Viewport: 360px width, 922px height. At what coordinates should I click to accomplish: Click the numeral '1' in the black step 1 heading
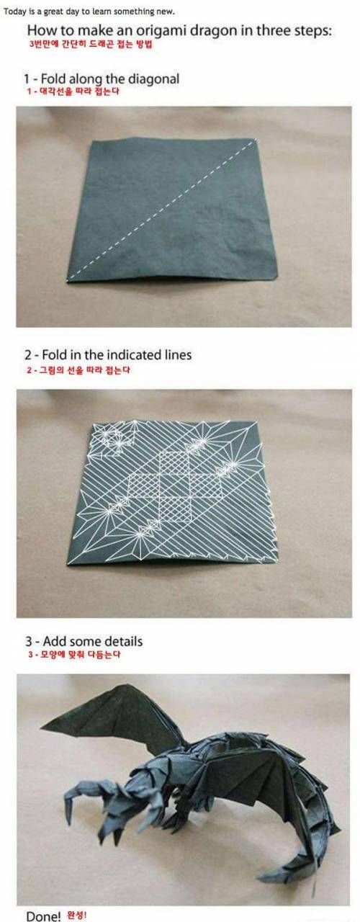[26, 79]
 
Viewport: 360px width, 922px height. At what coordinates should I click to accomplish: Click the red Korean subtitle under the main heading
[90, 45]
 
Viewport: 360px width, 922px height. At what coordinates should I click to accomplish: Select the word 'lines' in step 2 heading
[177, 356]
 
